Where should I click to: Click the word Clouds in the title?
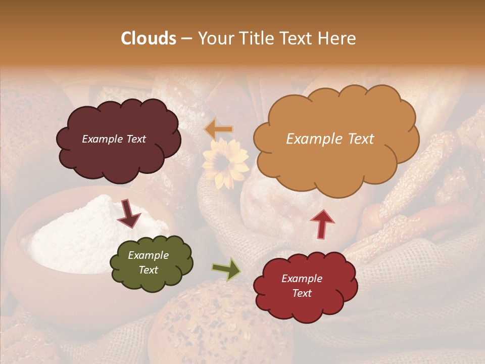pyautogui.click(x=149, y=38)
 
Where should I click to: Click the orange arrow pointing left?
pyautogui.click(x=219, y=130)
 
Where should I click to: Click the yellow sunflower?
pyautogui.click(x=225, y=163)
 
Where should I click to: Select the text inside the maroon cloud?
pyautogui.click(x=114, y=139)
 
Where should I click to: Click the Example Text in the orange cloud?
pyautogui.click(x=330, y=139)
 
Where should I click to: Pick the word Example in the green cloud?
pyautogui.click(x=148, y=255)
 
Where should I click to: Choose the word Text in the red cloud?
pyautogui.click(x=302, y=293)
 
